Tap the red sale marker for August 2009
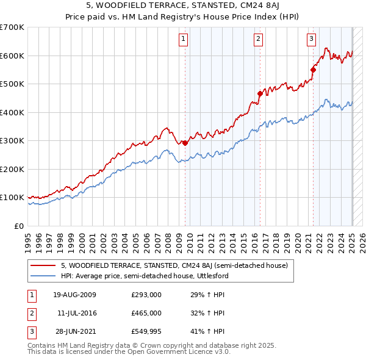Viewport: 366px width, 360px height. [x=185, y=143]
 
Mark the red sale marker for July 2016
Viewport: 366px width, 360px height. [x=260, y=94]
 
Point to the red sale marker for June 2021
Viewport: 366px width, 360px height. [x=314, y=70]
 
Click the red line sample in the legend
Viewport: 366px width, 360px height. [x=44, y=265]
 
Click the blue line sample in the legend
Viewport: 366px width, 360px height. [x=44, y=276]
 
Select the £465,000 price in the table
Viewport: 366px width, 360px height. [x=146, y=313]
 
